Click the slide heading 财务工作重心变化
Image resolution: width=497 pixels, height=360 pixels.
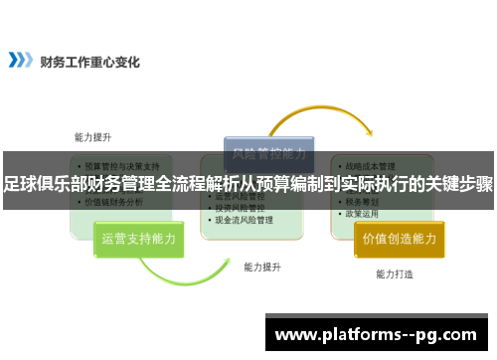(x=89, y=62)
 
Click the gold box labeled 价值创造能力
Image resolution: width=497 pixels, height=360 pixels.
(x=399, y=239)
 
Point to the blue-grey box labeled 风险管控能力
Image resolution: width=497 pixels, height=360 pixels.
(x=268, y=155)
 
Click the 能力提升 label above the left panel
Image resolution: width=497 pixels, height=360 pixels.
(x=92, y=137)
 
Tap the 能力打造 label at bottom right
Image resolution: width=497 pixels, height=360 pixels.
(x=395, y=273)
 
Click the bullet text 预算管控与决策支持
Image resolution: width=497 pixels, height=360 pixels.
(x=121, y=166)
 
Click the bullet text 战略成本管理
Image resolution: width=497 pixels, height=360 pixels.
(x=370, y=166)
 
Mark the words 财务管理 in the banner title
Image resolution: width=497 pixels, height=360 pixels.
(x=123, y=184)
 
